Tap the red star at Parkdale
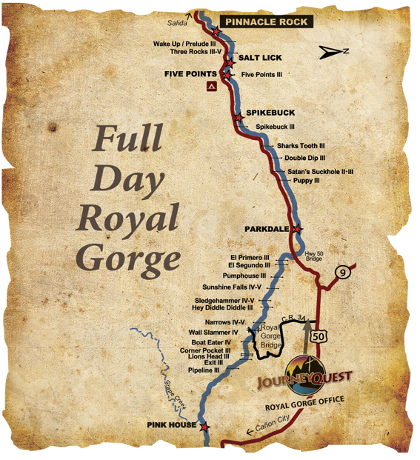[297, 230]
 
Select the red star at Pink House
[205, 427]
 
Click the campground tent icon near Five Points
[211, 87]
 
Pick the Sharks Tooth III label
[301, 146]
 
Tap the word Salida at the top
[178, 23]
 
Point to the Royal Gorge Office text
[300, 407]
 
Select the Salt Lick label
[260, 58]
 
